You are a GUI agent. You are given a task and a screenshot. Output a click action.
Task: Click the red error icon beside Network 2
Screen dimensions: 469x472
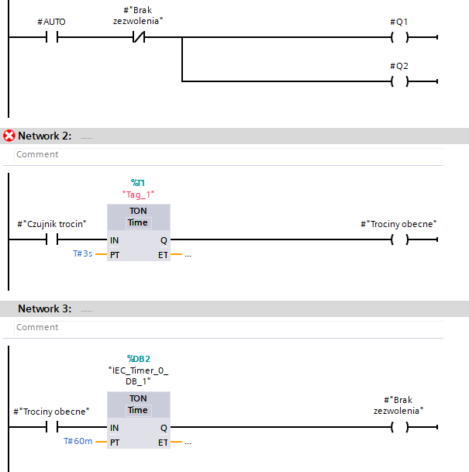9,136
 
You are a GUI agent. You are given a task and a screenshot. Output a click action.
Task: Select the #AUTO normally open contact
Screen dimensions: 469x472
52,37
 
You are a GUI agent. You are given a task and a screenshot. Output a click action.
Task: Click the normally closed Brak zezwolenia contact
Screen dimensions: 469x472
139,37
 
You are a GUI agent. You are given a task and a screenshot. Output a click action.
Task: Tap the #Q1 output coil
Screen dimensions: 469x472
400,37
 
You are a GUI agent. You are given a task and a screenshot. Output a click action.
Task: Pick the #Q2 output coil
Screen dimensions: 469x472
400,81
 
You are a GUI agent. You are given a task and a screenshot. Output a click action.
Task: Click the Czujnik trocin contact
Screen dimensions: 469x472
52,239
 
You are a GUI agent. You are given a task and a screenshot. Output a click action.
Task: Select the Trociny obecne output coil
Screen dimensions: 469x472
400,239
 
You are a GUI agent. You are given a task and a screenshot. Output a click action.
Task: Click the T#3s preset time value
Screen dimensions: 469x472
82,253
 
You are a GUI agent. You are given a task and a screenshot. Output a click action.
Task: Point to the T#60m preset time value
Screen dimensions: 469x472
78,441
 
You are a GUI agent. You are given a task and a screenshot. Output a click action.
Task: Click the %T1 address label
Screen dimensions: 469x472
138,183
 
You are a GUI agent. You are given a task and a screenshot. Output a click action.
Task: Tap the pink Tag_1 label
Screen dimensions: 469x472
138,195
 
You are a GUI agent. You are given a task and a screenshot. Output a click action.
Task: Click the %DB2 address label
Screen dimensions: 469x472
139,359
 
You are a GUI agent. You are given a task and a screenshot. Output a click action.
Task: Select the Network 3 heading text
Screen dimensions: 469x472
45,308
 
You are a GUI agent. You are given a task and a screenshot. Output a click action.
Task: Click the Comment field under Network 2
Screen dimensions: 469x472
229,154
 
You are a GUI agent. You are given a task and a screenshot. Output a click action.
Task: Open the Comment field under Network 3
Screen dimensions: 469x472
229,327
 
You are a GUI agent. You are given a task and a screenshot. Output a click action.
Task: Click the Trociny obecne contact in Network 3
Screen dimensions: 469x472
52,427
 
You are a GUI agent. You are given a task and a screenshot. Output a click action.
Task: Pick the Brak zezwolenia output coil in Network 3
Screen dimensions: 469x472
400,427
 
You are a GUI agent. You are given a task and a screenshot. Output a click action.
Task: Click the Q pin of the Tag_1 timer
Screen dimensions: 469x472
164,240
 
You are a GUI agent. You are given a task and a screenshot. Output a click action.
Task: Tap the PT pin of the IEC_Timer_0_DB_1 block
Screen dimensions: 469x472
115,443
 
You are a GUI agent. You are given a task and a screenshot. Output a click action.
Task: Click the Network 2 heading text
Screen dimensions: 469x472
45,136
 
